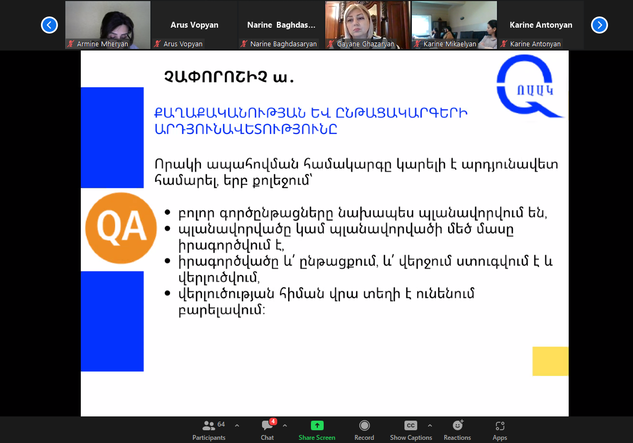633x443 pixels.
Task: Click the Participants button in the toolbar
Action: click(x=209, y=430)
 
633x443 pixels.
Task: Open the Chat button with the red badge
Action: click(x=267, y=430)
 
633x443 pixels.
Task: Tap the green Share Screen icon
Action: click(x=317, y=425)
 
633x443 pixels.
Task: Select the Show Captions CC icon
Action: click(x=410, y=425)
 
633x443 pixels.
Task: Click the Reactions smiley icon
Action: click(x=458, y=425)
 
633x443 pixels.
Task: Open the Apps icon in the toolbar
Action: click(x=500, y=425)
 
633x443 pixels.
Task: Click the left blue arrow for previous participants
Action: click(x=49, y=25)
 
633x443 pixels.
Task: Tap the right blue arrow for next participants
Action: click(x=600, y=25)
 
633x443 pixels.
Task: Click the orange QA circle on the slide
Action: click(x=121, y=228)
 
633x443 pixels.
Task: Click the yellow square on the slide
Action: click(x=550, y=361)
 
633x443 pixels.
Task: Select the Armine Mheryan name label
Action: click(x=103, y=44)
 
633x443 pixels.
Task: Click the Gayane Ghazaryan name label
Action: click(x=365, y=44)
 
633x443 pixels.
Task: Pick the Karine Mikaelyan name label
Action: click(x=450, y=44)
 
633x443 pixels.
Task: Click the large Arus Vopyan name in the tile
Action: click(x=194, y=25)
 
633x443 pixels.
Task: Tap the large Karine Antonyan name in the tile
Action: click(x=541, y=25)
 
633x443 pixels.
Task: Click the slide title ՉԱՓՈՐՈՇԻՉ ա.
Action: click(x=229, y=77)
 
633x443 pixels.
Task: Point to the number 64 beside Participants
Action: click(x=221, y=424)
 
